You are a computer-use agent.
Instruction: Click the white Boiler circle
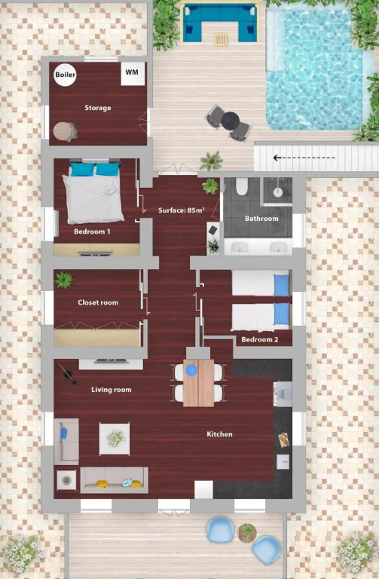click(66, 75)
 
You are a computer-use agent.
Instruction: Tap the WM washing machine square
click(133, 74)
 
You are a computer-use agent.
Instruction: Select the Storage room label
click(98, 108)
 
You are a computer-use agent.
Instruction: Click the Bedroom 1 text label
click(92, 231)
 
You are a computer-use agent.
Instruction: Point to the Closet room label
click(98, 302)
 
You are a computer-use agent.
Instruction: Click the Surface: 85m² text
click(182, 210)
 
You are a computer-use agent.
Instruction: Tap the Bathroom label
click(261, 218)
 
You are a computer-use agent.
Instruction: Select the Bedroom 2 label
click(260, 339)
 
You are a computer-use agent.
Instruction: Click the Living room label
click(112, 390)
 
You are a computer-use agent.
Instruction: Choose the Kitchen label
click(219, 434)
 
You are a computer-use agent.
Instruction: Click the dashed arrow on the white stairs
click(304, 158)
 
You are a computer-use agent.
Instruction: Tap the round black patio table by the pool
click(231, 121)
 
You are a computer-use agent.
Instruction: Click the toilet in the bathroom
click(242, 186)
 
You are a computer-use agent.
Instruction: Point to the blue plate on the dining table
click(191, 370)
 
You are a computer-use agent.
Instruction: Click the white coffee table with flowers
click(115, 439)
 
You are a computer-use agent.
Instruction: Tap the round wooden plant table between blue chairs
click(247, 533)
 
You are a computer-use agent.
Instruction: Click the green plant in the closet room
click(64, 280)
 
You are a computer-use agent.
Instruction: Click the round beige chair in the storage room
click(65, 131)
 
